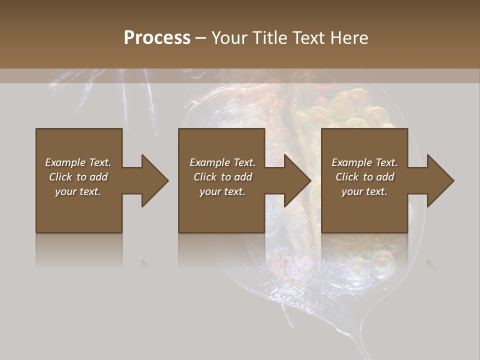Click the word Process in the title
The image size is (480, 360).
pyautogui.click(x=157, y=38)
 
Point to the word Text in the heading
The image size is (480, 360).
pyautogui.click(x=309, y=38)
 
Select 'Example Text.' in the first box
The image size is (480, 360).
pyautogui.click(x=78, y=162)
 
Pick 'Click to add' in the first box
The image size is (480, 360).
pyautogui.click(x=78, y=177)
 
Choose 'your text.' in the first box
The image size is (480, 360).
pyautogui.click(x=78, y=191)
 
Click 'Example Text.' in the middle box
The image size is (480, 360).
pyautogui.click(x=222, y=162)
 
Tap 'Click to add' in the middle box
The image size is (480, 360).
pyautogui.click(x=222, y=177)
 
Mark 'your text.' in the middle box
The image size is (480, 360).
pyautogui.click(x=222, y=191)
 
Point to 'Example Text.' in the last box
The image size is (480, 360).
pyautogui.click(x=364, y=162)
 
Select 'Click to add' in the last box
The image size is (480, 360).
pyautogui.click(x=364, y=177)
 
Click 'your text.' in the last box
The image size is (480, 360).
pyautogui.click(x=364, y=191)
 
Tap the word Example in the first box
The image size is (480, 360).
pyautogui.click(x=65, y=162)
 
